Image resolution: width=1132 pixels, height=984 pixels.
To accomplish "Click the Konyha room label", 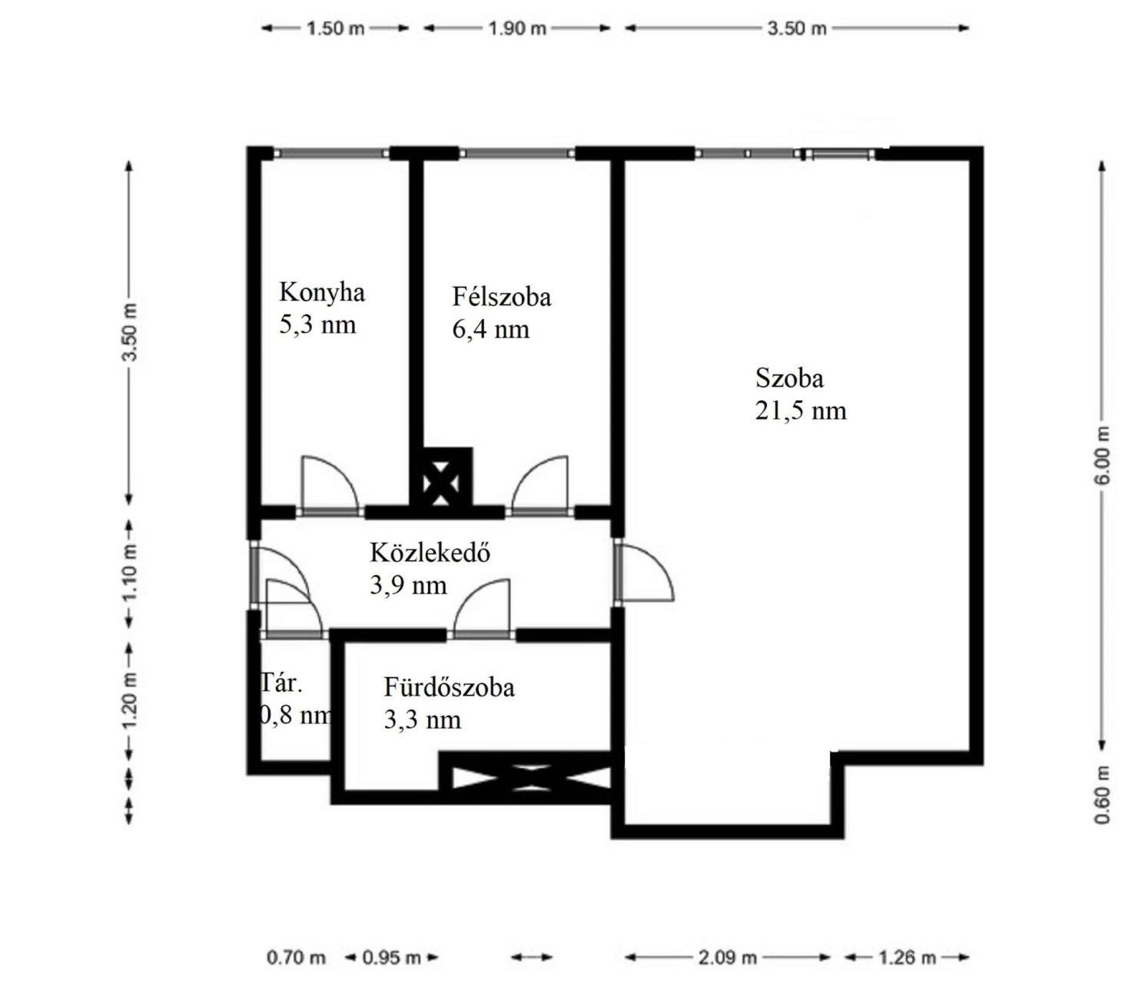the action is click(321, 293).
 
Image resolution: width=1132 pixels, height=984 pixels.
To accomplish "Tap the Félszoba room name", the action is click(501, 298).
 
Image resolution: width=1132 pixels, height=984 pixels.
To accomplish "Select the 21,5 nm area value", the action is click(800, 411).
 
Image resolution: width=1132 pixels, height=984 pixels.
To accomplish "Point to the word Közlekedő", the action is click(430, 552).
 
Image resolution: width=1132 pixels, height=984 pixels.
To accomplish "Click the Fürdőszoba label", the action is click(449, 687).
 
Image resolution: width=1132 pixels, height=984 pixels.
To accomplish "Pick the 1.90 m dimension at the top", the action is click(516, 28).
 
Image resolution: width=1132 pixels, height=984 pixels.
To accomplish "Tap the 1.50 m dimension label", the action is click(335, 28).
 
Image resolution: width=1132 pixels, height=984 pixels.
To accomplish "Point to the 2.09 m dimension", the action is click(727, 957).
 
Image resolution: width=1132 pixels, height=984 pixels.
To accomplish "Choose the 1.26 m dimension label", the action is click(907, 957).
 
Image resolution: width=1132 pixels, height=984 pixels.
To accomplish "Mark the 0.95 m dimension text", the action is click(392, 957).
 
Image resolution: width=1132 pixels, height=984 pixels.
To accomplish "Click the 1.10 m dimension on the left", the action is click(129, 572).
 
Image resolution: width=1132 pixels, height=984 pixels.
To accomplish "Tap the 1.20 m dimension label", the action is click(129, 700).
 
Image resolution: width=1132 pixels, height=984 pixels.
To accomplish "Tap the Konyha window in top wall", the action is click(331, 153).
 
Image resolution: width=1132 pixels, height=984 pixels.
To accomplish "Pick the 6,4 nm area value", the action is click(490, 330).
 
